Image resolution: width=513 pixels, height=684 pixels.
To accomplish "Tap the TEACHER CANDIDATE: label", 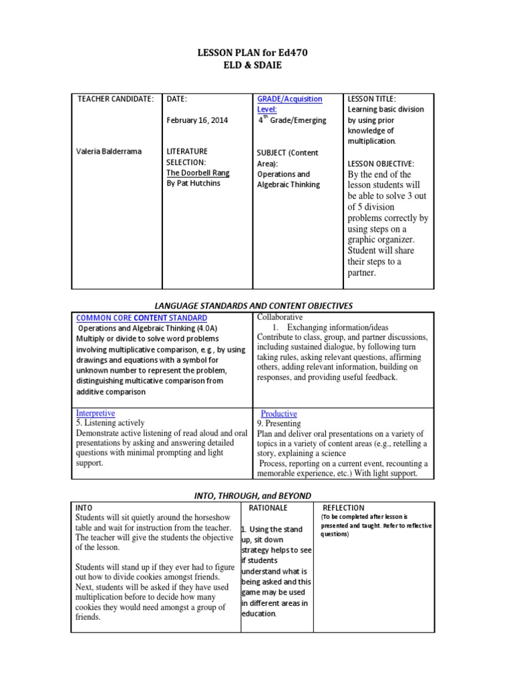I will pos(116,99).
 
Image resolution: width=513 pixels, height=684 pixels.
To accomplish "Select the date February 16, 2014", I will pos(197,120).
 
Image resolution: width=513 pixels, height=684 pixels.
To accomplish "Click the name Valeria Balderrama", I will pos(110,152).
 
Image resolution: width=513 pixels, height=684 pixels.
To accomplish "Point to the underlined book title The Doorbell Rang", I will pos(198,172).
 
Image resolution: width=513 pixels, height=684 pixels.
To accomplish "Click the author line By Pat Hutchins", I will pos(193,183).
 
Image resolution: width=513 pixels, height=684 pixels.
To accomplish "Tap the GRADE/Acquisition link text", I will pos(290,99).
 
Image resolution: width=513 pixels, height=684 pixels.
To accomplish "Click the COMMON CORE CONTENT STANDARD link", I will pos(142,318).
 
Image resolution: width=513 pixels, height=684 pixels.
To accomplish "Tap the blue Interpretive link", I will pos(96,413).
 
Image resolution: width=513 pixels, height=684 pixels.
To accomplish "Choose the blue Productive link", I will pos(279,414).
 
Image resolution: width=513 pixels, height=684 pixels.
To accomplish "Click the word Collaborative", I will pos(280,317).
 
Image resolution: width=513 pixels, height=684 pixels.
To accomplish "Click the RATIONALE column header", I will pos(269,508).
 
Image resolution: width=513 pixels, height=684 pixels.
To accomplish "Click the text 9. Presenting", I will pos(279,423).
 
